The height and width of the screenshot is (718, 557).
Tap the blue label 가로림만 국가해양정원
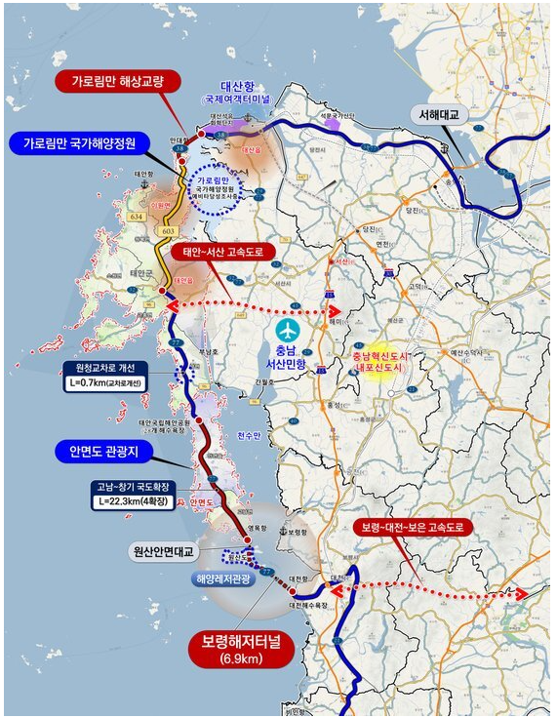tap(86, 143)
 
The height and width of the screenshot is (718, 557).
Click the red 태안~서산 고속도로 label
tap(224, 251)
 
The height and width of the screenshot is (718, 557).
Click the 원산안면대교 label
tap(164, 551)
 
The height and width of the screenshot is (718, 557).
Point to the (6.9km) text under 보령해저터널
tap(241, 662)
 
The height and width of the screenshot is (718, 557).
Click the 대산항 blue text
tap(235, 85)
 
